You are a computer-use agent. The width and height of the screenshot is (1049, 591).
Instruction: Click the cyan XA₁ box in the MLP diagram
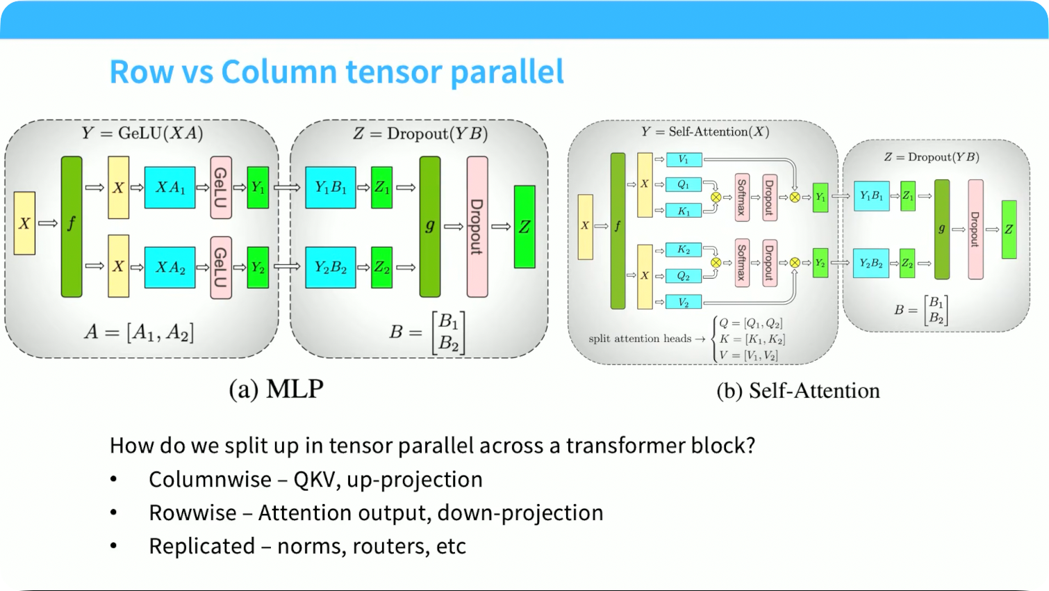tap(170, 188)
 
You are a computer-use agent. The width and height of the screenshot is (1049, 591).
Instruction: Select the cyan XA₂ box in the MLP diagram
tap(170, 267)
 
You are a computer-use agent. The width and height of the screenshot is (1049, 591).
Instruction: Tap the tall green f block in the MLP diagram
tap(72, 227)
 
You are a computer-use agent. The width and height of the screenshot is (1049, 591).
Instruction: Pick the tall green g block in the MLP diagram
tap(430, 227)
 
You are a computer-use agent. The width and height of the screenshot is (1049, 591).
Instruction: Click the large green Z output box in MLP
tap(524, 227)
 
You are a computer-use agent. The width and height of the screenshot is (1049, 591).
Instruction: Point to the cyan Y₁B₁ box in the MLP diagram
tap(331, 188)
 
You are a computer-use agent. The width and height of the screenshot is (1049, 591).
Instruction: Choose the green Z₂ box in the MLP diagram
tap(381, 267)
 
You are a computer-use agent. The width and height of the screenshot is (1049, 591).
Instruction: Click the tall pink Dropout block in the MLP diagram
tap(477, 227)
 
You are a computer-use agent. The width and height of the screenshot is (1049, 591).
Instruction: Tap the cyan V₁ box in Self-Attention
tap(684, 160)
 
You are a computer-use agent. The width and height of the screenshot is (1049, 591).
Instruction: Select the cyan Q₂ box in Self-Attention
tap(684, 276)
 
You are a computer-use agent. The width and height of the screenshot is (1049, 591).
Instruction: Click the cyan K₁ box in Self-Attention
tap(684, 211)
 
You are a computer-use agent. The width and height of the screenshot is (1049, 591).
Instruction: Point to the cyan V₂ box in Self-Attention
tap(684, 302)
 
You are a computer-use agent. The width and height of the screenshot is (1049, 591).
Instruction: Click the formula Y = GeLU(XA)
tap(142, 133)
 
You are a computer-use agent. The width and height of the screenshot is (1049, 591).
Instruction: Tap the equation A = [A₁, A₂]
tap(139, 332)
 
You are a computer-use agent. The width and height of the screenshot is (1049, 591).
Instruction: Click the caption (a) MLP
tap(276, 389)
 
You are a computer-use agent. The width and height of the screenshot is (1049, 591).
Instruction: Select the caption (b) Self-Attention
tap(798, 391)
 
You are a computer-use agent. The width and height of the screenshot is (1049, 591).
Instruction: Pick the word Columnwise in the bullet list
tap(210, 480)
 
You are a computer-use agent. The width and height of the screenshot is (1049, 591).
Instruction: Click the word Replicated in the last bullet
tap(202, 547)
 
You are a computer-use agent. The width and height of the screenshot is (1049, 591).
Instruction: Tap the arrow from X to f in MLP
tap(48, 223)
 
